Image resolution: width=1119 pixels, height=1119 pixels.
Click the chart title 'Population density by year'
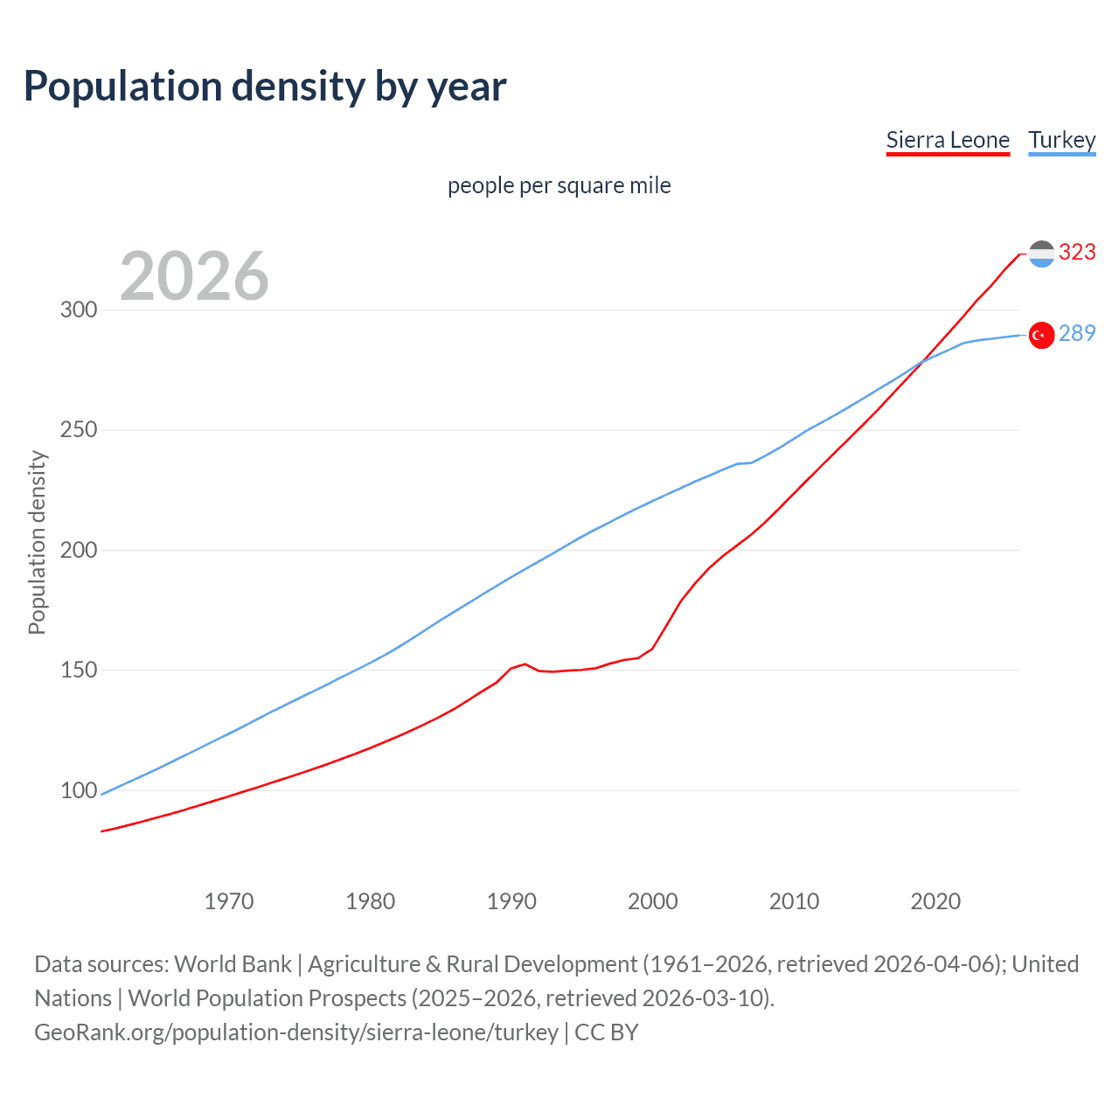click(x=265, y=87)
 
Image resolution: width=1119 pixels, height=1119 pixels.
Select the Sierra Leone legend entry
click(x=948, y=140)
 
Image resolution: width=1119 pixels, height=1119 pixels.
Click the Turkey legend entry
click(x=1061, y=140)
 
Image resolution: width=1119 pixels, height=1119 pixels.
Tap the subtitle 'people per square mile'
click(x=559, y=185)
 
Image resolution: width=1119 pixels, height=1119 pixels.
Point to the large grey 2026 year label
click(x=194, y=276)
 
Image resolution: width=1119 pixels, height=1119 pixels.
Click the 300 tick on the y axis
click(x=79, y=310)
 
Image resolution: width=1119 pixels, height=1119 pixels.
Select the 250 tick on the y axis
click(x=79, y=430)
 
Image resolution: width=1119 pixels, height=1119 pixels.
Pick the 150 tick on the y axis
click(x=79, y=671)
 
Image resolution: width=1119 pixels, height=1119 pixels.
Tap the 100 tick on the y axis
click(x=79, y=790)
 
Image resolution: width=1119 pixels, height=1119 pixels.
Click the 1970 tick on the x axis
click(x=229, y=901)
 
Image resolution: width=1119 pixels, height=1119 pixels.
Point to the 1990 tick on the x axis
click(x=511, y=901)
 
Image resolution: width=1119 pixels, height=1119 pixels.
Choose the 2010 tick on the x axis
click(x=794, y=901)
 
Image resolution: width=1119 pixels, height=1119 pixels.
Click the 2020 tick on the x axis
click(x=935, y=901)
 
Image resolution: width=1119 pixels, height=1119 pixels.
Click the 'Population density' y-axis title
click(x=37, y=542)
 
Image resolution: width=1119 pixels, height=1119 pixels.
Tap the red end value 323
click(x=1077, y=253)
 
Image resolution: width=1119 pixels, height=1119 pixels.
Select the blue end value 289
click(x=1077, y=334)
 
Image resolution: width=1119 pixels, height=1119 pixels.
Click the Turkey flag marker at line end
click(x=1041, y=336)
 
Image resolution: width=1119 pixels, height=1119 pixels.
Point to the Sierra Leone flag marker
click(x=1041, y=254)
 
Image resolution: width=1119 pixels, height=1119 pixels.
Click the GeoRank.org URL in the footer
click(x=296, y=1032)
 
